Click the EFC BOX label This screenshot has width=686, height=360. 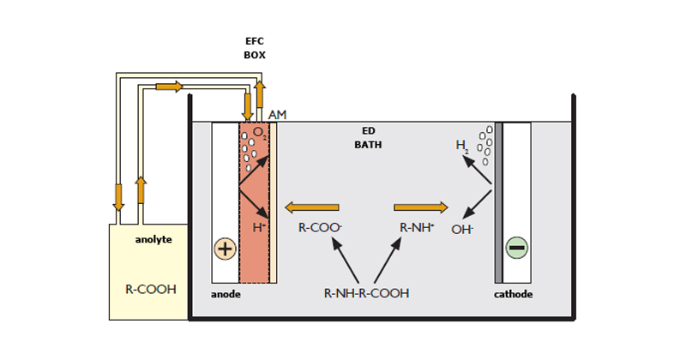coord(255,47)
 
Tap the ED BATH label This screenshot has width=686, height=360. coord(368,138)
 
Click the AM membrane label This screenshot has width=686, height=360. coord(278,115)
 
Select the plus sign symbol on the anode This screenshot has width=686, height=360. coord(225,249)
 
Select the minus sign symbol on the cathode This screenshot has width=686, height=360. coord(517,249)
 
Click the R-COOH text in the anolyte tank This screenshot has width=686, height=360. coord(151,289)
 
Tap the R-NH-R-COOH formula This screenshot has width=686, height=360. coord(366,293)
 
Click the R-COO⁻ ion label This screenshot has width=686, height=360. coord(317,229)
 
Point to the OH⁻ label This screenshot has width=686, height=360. coord(463,229)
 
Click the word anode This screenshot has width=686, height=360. coord(226,294)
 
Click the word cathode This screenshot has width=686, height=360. coord(514,294)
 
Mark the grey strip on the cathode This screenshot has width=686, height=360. coord(498,202)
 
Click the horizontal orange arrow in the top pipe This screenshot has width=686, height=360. coord(169,87)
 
